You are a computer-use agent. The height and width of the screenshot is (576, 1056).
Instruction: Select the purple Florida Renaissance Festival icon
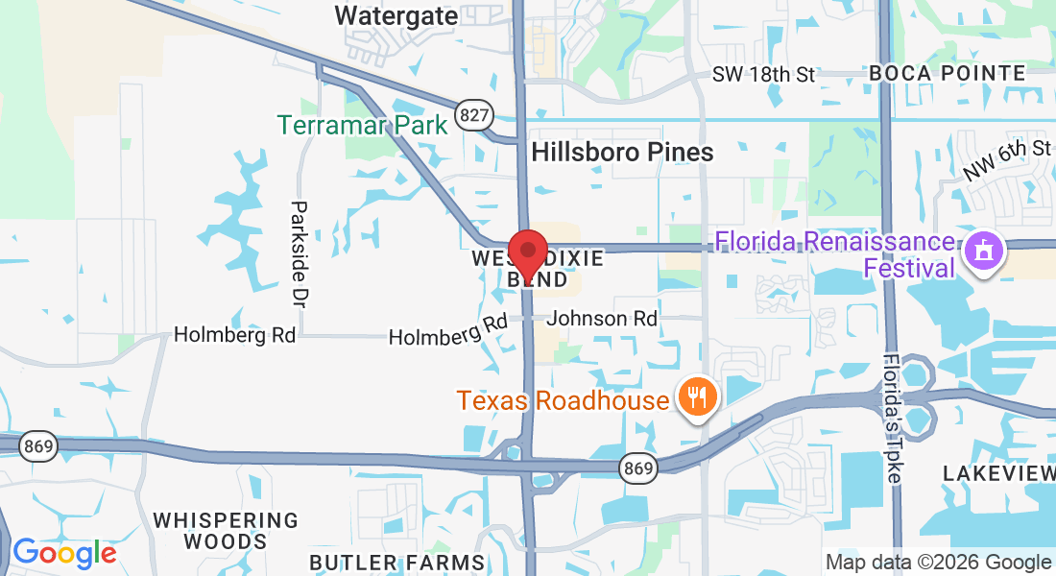984,252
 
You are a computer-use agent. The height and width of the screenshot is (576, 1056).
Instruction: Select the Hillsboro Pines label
622,152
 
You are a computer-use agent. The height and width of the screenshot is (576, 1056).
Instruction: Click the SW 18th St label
763,74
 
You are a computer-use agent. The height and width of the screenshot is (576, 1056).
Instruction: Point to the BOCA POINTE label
947,73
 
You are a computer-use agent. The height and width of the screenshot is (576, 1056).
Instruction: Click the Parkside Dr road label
300,253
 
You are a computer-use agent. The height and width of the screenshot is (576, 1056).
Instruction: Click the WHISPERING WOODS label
227,530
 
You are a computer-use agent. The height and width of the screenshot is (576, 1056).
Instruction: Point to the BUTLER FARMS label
396,562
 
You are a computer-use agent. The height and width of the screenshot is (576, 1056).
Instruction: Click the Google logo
63,553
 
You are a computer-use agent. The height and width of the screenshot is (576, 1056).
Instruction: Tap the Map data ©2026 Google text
938,563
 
